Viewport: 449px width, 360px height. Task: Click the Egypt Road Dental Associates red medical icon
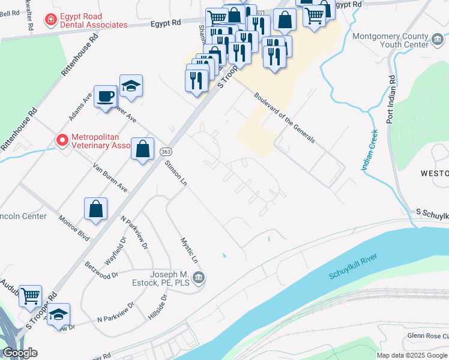click(52, 20)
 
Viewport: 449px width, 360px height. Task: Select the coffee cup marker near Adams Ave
click(106, 97)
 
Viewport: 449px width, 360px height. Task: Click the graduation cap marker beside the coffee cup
click(131, 87)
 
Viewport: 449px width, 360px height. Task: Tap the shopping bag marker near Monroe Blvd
click(96, 209)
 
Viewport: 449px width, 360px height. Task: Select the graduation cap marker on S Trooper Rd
click(58, 315)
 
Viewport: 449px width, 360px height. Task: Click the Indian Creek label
click(369, 150)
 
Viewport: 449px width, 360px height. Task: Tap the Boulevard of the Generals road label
click(284, 117)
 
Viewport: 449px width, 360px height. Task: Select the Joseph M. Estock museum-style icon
click(199, 278)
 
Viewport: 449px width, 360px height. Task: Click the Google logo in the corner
click(20, 353)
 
